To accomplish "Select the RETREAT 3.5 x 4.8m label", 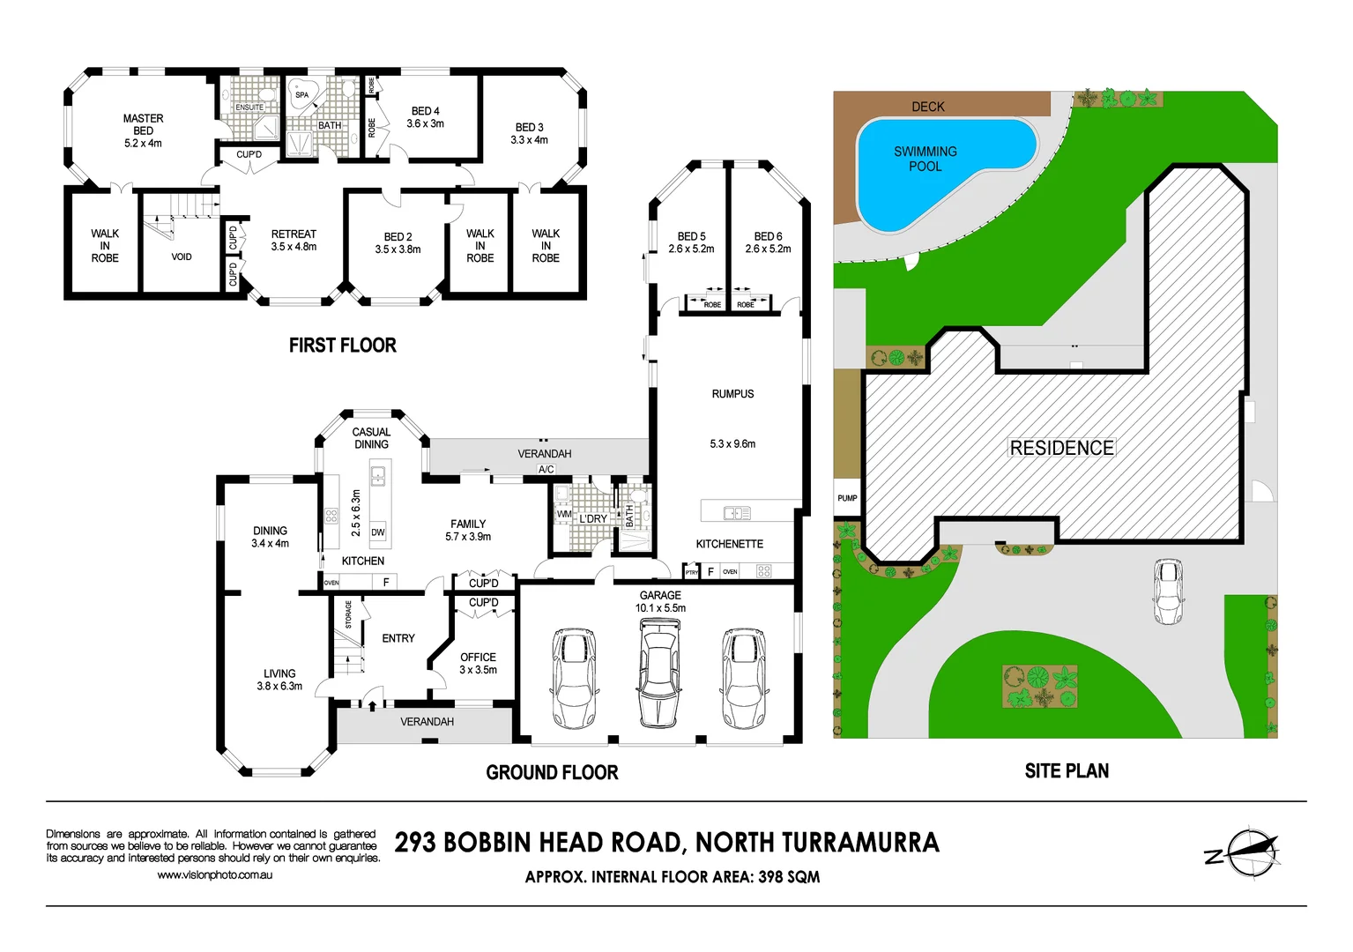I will tap(294, 241).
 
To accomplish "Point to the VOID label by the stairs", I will tap(182, 257).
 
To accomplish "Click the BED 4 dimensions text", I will tap(425, 124).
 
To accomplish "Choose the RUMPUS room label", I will tap(732, 394).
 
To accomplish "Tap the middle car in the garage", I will tap(659, 672).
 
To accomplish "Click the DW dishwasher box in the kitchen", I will tap(378, 532).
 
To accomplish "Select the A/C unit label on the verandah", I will tap(546, 470).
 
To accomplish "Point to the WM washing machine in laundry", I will tap(564, 514).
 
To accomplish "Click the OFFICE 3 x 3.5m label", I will tap(478, 664).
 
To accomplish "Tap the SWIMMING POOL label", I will tap(926, 159).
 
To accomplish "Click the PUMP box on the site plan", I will tap(847, 499).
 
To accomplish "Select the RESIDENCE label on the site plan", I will tap(1061, 448).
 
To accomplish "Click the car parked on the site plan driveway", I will tap(1168, 591).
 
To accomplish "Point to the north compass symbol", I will tap(1250, 852).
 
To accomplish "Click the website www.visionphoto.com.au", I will tap(214, 875).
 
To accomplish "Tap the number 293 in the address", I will tap(415, 843).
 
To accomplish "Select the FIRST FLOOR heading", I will tap(342, 346).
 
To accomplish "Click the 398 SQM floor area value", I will tap(789, 877).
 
